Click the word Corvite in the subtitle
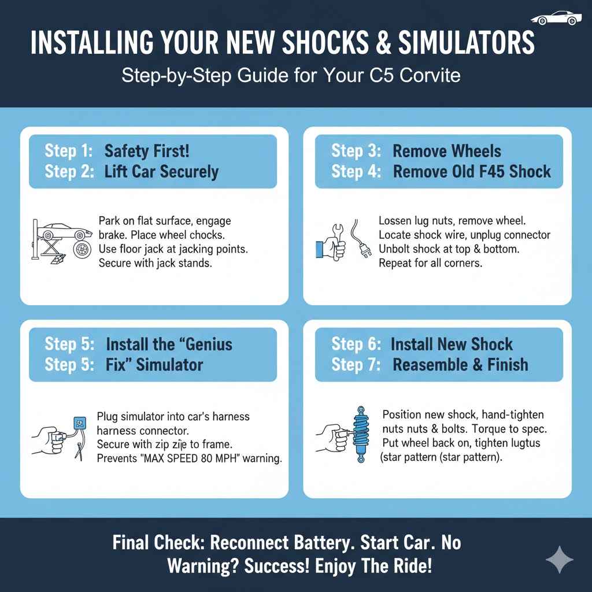click(x=428, y=75)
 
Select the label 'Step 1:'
click(x=68, y=151)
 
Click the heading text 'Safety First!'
click(x=147, y=151)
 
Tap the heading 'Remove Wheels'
click(x=447, y=151)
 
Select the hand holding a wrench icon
click(x=331, y=243)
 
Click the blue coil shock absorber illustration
click(x=360, y=435)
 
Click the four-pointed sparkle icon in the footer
click(x=560, y=559)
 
